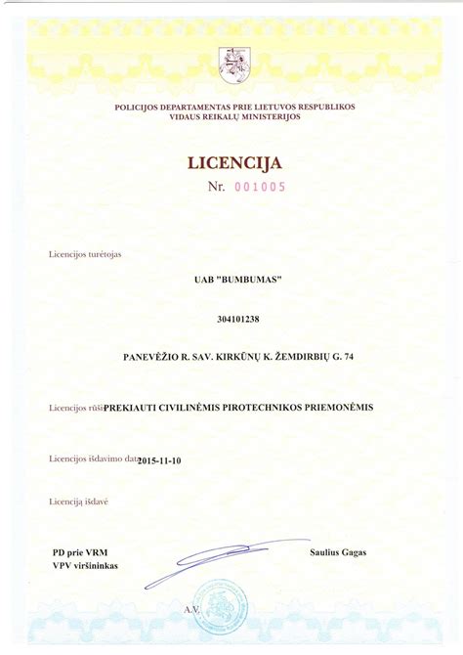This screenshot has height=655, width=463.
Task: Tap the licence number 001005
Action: (x=259, y=188)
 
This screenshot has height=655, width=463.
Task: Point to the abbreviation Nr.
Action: (x=217, y=188)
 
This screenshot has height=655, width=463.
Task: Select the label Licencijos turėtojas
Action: (x=85, y=254)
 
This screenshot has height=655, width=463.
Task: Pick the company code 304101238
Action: (x=231, y=319)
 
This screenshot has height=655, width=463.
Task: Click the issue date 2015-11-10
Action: (x=160, y=459)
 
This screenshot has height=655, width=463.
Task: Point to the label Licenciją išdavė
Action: (x=78, y=502)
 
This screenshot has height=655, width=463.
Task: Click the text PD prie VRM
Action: (x=73, y=552)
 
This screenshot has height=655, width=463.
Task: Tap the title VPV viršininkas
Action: (x=85, y=565)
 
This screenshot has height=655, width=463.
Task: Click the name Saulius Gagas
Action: (x=338, y=552)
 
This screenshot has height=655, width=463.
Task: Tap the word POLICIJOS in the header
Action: (x=138, y=106)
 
